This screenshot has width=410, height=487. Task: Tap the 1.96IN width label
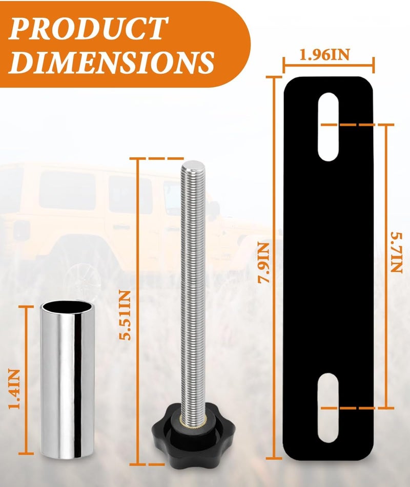click(x=324, y=54)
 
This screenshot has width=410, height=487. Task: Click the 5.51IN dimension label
click(x=126, y=315)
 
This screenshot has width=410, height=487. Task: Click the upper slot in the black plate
click(x=328, y=126)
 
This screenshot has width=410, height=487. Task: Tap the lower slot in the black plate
click(x=328, y=408)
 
